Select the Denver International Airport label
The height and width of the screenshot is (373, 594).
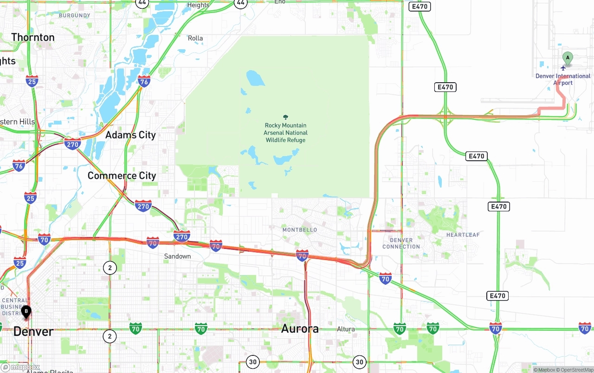point(563,79)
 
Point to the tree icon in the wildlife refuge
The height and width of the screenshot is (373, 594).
point(285,118)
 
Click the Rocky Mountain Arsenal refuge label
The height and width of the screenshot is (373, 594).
point(285,132)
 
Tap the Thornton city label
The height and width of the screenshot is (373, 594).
point(33,37)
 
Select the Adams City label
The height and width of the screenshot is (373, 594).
point(130,135)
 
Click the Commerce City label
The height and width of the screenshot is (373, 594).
point(122,176)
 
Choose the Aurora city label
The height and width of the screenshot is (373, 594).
point(300,329)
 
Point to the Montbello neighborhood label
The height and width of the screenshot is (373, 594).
point(300,230)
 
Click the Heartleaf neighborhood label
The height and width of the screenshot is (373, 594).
point(463,235)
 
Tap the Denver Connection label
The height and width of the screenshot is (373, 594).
point(401,243)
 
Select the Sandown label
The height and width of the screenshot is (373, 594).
point(177,256)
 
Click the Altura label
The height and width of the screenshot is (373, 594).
point(346,329)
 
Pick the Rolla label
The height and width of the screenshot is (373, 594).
point(195,38)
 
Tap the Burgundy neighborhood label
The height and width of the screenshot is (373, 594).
point(74,15)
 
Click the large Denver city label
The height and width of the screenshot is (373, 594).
point(33,332)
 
